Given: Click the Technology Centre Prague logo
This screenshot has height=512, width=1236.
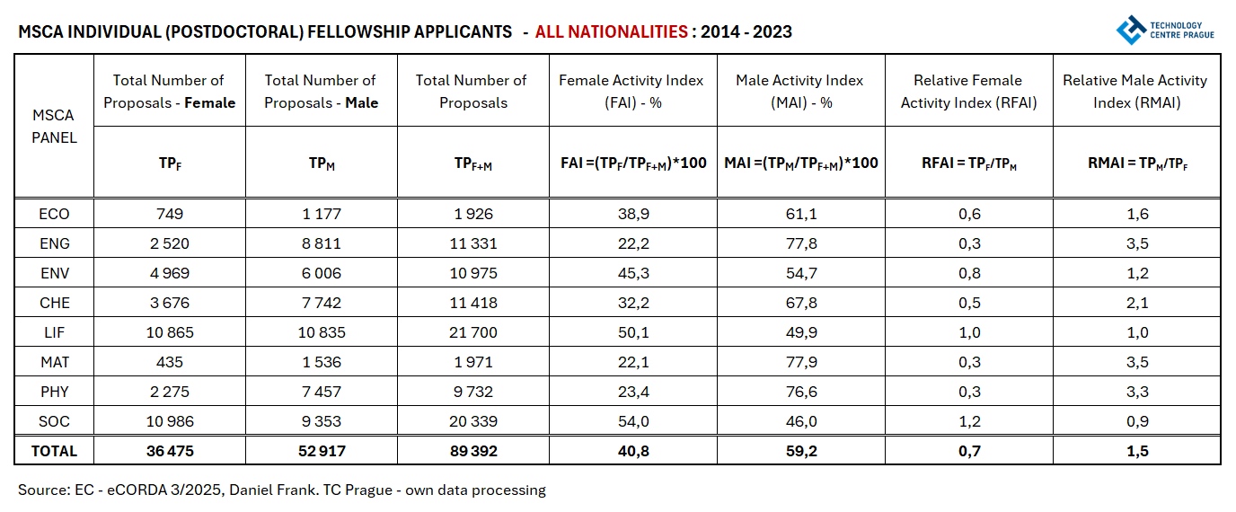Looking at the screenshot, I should [1164, 30].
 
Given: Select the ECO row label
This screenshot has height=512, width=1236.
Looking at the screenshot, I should [54, 214].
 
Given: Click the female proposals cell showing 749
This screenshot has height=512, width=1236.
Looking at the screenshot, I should [169, 214].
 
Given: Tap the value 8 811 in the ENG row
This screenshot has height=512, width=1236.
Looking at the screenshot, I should [321, 243].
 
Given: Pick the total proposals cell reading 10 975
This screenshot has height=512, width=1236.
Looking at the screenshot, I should [473, 273].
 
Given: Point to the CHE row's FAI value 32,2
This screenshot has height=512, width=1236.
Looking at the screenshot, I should [632, 303].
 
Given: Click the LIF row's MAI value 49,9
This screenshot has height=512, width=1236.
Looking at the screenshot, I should [800, 332].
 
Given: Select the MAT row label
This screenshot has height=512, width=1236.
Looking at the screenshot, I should [54, 362].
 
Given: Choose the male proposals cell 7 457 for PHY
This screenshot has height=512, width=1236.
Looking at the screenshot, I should [321, 392].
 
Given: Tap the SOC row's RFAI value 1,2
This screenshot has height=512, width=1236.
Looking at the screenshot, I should [968, 421].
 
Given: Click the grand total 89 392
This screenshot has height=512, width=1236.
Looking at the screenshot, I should [473, 451].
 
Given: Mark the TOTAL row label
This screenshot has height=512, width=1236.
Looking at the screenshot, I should [54, 451].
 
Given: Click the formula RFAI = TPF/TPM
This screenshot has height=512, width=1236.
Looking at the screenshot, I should [968, 163].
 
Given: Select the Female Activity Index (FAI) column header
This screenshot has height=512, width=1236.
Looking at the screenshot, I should [632, 92].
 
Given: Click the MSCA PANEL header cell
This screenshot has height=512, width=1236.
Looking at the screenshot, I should [54, 127].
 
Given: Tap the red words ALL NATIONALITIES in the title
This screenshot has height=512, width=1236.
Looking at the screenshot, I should [611, 32].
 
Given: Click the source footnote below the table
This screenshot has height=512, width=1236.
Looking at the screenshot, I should [281, 490].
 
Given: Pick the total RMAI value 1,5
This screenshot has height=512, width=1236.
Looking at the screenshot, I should [1135, 451].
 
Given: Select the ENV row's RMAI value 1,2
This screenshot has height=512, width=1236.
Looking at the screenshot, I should [1135, 273].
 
